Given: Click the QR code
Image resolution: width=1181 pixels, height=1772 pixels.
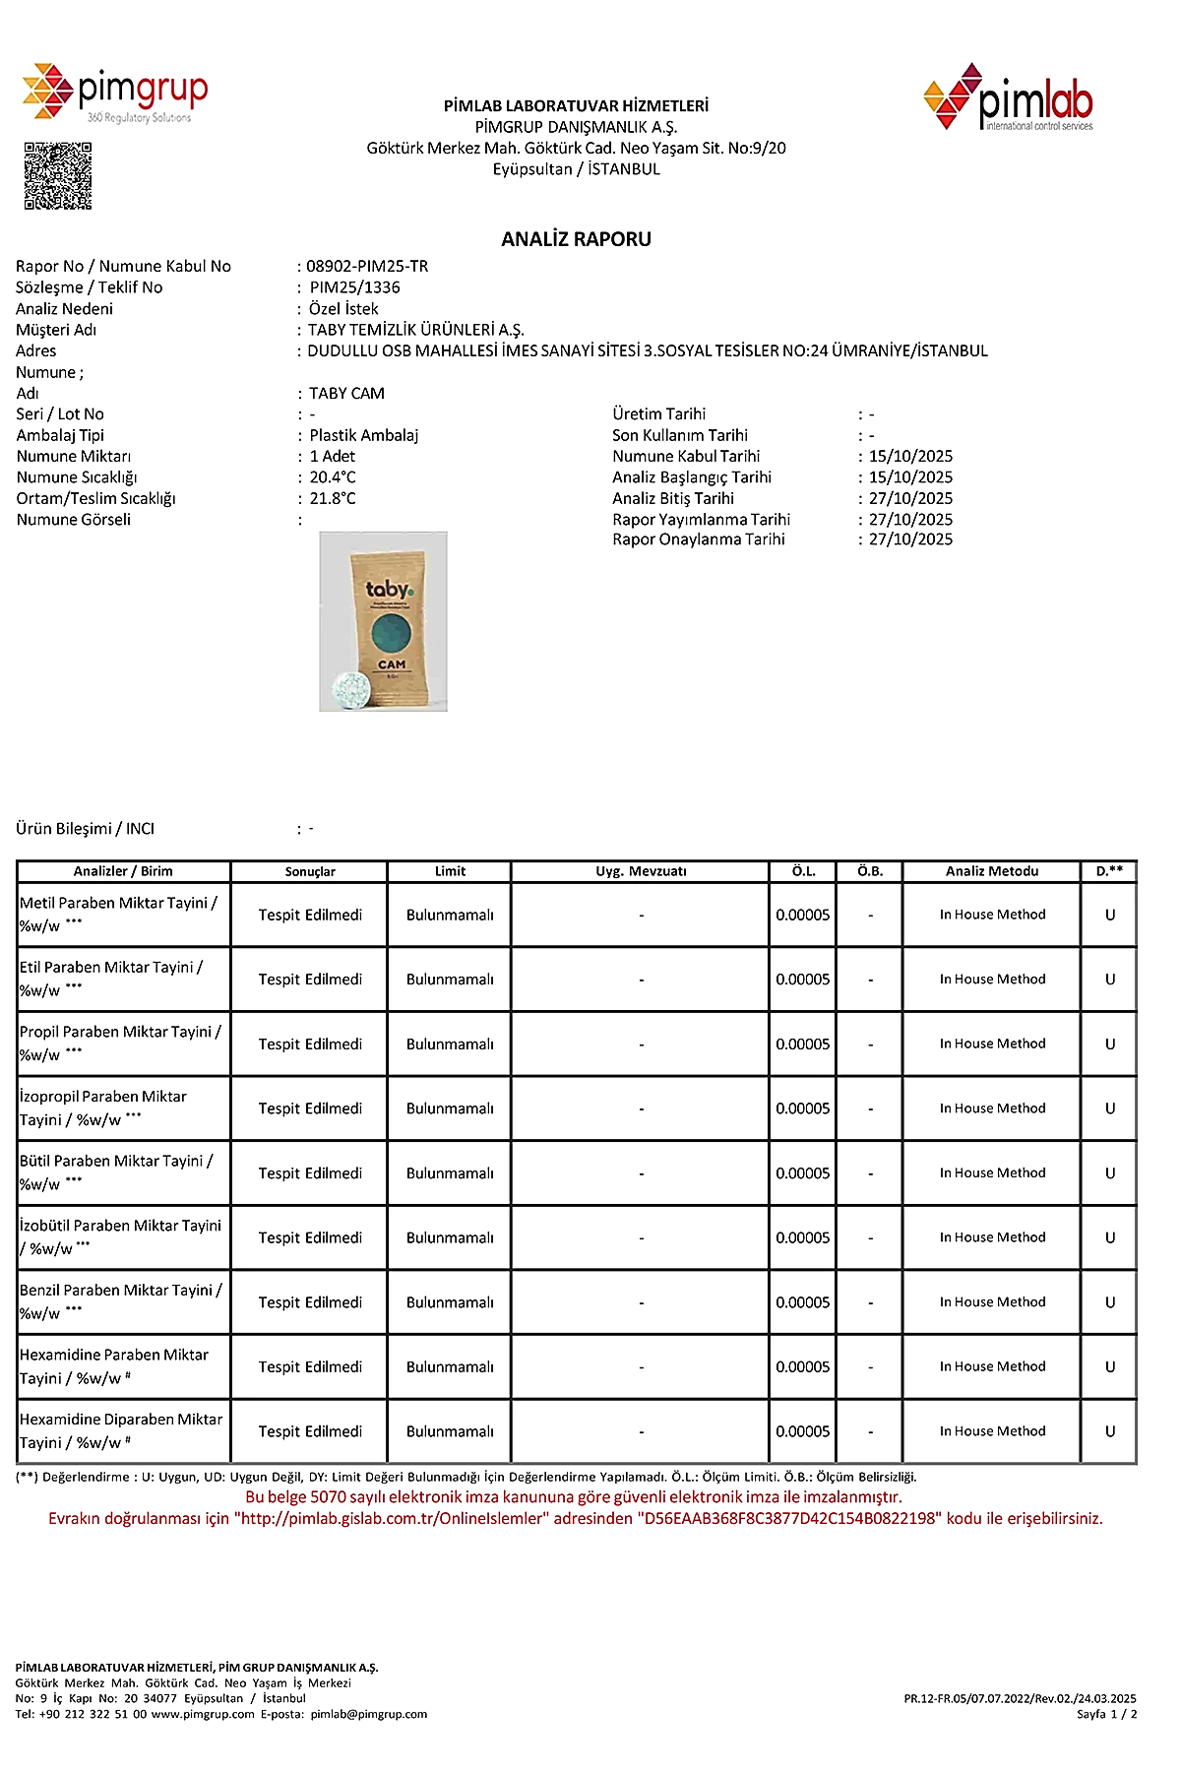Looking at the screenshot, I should tap(57, 176).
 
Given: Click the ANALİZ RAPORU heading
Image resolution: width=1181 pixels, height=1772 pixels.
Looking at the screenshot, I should tap(576, 239).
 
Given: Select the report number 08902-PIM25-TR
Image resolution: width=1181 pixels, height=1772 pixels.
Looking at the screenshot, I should tap(367, 266).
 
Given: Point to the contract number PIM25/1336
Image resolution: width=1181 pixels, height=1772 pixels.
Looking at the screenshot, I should tap(354, 287).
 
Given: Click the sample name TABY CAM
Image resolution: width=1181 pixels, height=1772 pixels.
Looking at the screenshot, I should tap(346, 393).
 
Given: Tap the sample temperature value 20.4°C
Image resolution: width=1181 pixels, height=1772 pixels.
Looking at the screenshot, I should tap(333, 477).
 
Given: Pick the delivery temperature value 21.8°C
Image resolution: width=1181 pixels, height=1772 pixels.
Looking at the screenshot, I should tap(333, 498).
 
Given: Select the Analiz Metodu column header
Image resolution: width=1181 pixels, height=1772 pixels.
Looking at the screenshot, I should tap(992, 871).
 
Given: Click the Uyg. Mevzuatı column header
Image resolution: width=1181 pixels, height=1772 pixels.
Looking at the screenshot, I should tap(641, 871).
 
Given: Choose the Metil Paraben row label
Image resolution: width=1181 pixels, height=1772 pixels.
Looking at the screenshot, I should tap(118, 915).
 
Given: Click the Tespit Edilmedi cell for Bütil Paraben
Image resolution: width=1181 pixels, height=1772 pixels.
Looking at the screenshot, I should tap(310, 1173).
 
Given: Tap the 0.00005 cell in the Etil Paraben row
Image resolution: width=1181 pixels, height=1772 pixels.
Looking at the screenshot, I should tap(802, 980).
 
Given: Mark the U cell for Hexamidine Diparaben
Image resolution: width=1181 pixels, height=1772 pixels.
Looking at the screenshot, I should tap(1110, 1431).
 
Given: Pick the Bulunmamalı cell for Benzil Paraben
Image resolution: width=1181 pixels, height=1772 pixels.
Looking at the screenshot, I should tap(450, 1302).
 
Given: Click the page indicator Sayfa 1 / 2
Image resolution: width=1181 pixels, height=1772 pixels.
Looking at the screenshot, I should tap(1106, 1714).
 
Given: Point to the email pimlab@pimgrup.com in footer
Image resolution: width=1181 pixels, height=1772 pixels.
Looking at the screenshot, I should tap(369, 1714).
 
